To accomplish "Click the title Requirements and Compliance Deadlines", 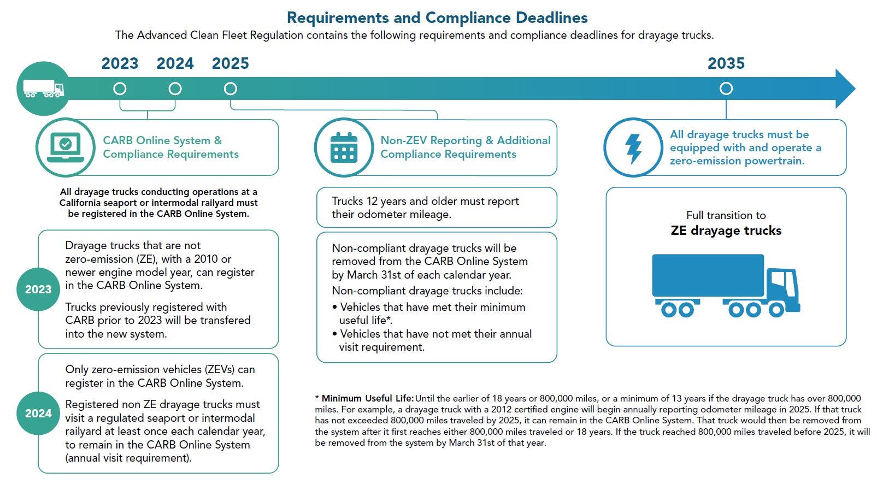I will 437,17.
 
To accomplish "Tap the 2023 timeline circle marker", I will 120,88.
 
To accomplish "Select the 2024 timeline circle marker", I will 175,88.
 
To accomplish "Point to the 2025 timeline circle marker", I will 231,88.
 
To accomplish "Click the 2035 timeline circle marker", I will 726,88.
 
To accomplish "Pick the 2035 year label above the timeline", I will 726,63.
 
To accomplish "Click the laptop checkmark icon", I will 66,147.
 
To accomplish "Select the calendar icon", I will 344,147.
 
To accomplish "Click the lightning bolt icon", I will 633,147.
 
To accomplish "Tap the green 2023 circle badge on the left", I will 38,290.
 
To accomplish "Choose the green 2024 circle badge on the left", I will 38,414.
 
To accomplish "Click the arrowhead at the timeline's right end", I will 844,88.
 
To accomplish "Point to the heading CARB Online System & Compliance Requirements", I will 170,147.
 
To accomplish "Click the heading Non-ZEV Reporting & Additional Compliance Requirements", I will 465,147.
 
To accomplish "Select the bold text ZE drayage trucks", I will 726,231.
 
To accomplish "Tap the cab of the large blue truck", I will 781,287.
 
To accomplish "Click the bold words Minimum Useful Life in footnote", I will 367,398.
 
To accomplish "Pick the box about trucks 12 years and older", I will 436,208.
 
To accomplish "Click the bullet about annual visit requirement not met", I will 435,340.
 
